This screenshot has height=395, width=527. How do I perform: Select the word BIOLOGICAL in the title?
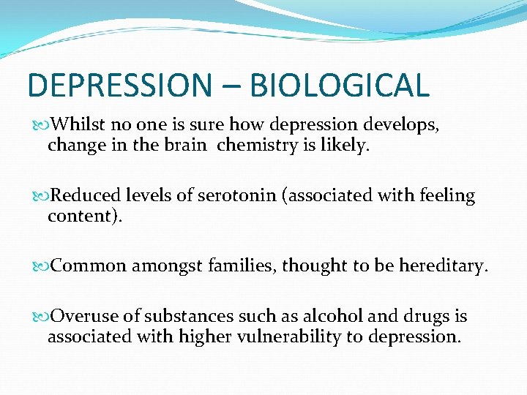339,85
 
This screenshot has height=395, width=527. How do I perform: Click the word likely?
345,146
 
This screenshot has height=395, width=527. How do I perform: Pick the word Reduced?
86,196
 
